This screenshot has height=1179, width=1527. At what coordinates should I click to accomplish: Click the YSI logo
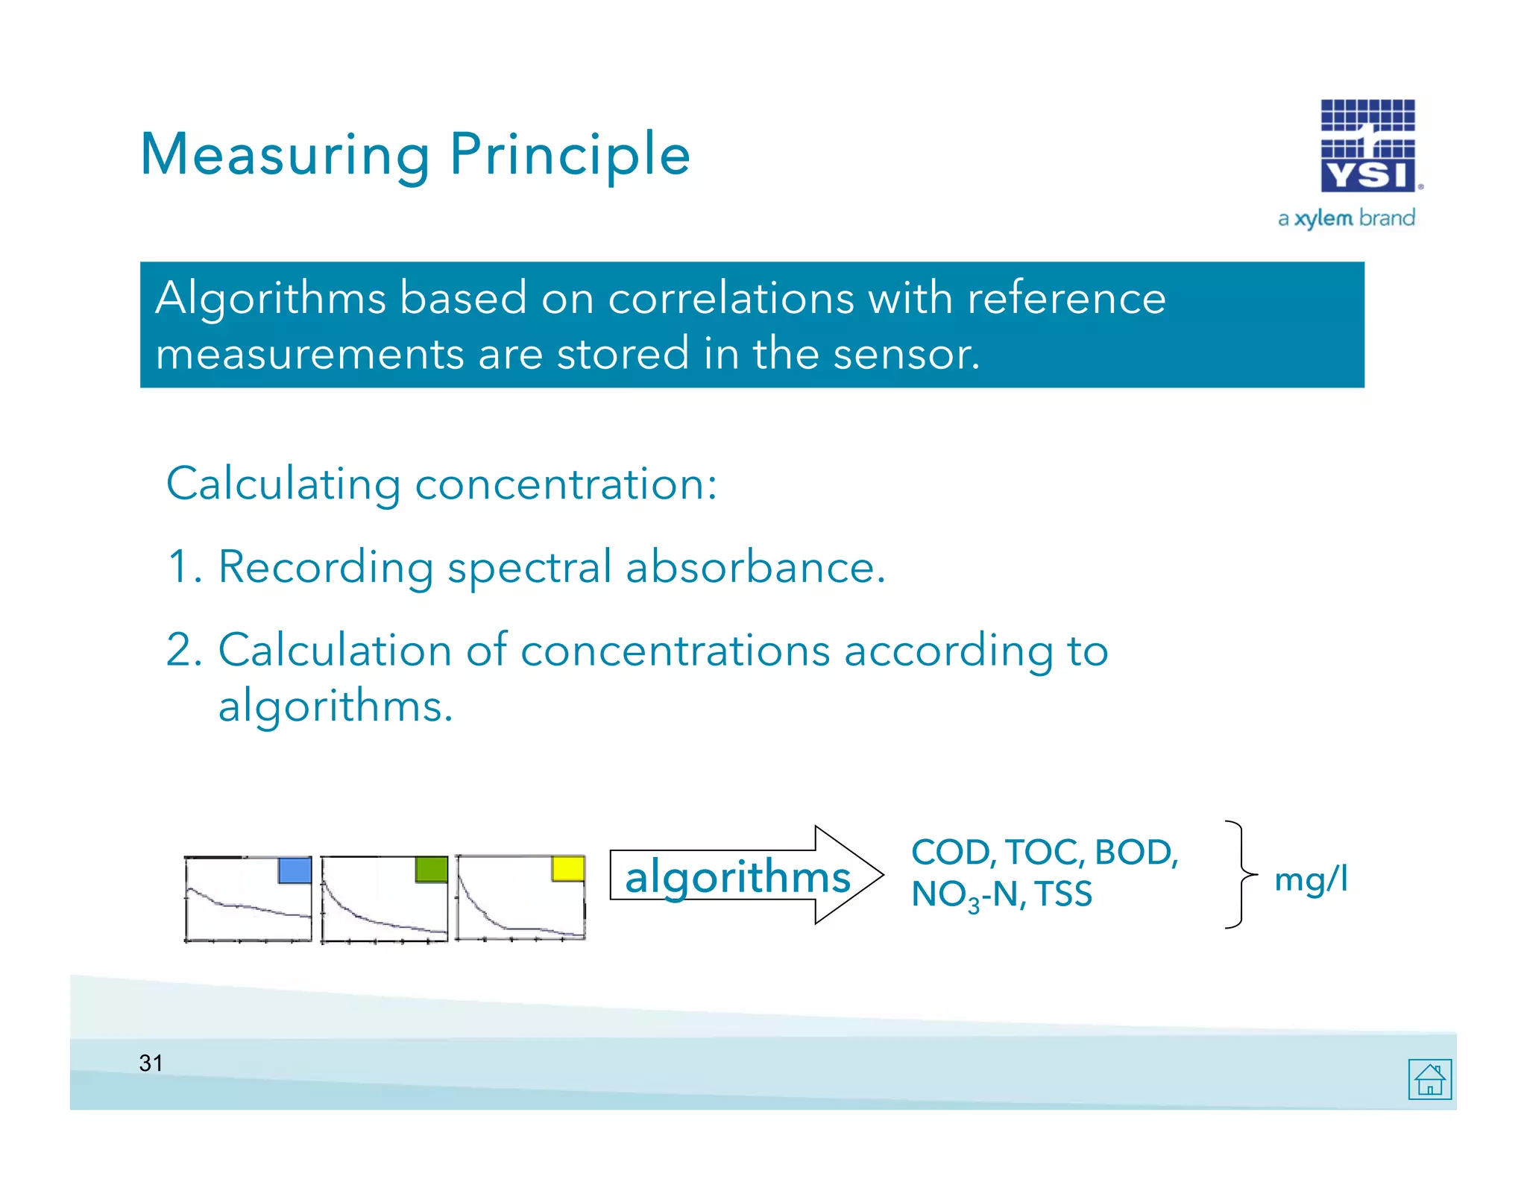point(1368,146)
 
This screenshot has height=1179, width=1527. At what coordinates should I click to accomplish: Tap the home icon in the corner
point(1429,1078)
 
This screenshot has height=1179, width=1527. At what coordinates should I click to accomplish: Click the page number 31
point(151,1063)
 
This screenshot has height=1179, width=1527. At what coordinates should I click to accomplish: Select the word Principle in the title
point(570,155)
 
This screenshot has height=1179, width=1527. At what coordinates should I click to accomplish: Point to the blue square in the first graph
point(295,870)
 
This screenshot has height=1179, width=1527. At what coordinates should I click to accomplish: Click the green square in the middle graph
point(431,870)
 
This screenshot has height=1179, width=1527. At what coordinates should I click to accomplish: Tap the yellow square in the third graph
point(567,869)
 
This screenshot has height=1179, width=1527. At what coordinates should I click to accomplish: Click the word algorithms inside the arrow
point(737,876)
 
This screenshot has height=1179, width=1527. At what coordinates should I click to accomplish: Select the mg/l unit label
point(1311,879)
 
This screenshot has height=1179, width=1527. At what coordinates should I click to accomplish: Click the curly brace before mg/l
point(1239,874)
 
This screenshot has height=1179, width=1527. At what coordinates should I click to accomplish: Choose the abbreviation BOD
point(1135,852)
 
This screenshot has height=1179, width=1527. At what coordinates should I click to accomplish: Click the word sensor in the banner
point(905,353)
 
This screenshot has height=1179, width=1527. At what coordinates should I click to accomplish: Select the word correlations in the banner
point(731,298)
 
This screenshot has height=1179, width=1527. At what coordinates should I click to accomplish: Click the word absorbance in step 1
point(755,567)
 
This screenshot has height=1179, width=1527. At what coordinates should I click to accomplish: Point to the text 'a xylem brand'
point(1346,218)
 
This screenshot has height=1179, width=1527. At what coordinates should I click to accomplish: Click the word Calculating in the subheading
point(283,484)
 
